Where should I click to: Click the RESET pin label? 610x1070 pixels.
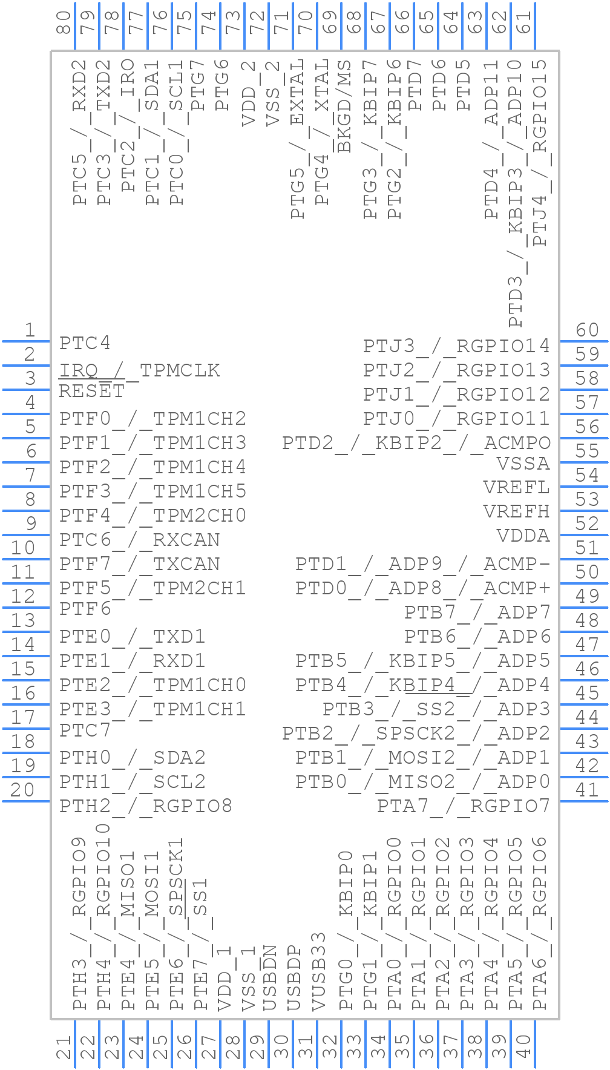click(91, 392)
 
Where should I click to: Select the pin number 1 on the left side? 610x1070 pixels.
click(30, 330)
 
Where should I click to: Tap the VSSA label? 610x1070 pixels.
click(523, 464)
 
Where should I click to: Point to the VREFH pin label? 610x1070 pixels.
click(516, 512)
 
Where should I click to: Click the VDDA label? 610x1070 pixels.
click(523, 536)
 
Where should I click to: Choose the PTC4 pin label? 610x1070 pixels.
click(85, 344)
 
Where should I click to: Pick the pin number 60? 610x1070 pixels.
click(587, 330)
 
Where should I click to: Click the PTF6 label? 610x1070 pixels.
click(85, 609)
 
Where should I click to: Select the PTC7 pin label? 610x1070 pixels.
click(85, 730)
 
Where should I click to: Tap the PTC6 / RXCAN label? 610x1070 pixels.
click(140, 540)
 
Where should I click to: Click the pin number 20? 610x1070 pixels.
click(23, 790)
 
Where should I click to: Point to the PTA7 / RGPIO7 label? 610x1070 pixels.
click(463, 806)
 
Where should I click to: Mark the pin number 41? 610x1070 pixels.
click(587, 790)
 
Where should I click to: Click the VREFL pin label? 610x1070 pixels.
click(516, 488)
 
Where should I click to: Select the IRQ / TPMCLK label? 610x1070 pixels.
click(139, 370)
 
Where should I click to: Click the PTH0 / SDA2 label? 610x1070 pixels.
click(133, 758)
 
